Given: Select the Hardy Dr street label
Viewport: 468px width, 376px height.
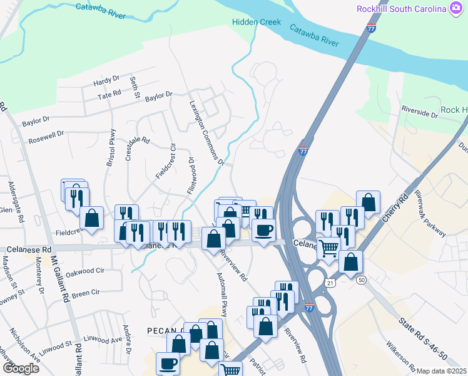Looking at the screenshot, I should [106, 80].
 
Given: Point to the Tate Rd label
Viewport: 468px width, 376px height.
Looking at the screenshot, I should [109, 96].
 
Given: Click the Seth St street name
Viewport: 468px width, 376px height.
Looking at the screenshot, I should [133, 87].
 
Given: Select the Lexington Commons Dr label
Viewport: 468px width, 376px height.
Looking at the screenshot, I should [206, 133].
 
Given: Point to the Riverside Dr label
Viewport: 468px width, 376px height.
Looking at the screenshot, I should [420, 114].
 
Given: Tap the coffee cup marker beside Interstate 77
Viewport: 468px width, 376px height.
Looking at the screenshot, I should [263, 229].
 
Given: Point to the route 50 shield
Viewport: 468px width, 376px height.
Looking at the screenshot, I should [361, 279].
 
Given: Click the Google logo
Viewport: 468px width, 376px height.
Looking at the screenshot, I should [21, 368].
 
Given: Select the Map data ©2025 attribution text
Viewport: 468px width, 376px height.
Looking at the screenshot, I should [441, 371].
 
